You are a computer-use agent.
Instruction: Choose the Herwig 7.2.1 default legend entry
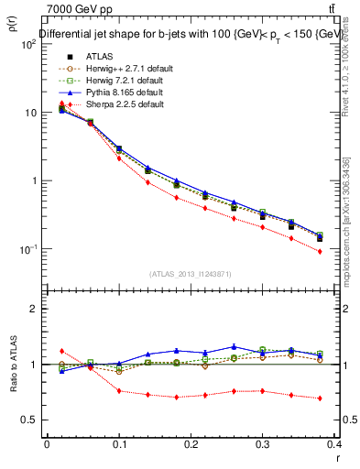tap(108, 80)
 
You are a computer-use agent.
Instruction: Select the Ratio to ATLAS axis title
tap(11, 365)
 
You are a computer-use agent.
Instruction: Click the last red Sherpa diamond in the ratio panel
tap(320, 398)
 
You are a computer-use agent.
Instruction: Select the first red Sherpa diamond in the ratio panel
tap(61, 351)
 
